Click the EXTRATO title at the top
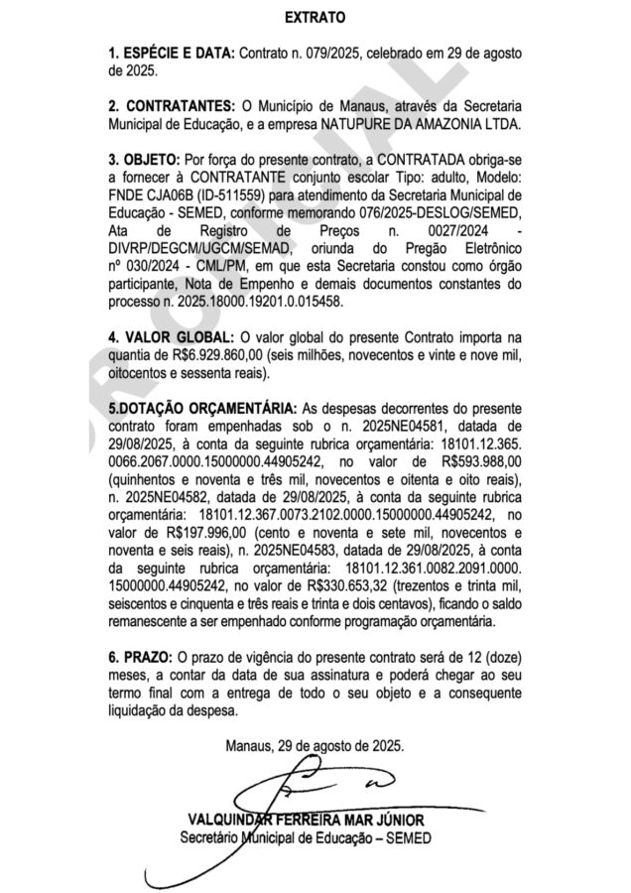pos(315,18)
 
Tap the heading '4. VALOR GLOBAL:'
pos(172,336)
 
